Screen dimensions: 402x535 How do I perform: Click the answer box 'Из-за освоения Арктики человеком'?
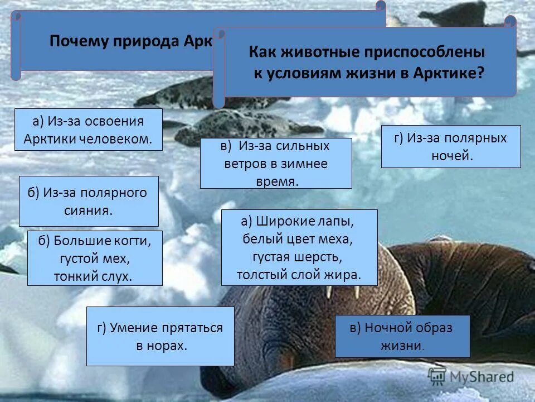click(88, 130)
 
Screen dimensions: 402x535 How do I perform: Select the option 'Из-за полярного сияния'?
click(89, 202)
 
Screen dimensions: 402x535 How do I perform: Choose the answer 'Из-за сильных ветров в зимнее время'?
click(276, 163)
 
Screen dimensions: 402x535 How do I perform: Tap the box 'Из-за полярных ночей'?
click(451, 146)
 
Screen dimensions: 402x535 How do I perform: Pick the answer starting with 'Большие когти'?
click(95, 258)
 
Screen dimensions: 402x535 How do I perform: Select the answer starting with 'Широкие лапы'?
click(299, 248)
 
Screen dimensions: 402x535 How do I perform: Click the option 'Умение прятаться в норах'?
click(160, 336)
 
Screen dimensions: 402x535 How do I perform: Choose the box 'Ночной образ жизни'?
click(402, 336)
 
